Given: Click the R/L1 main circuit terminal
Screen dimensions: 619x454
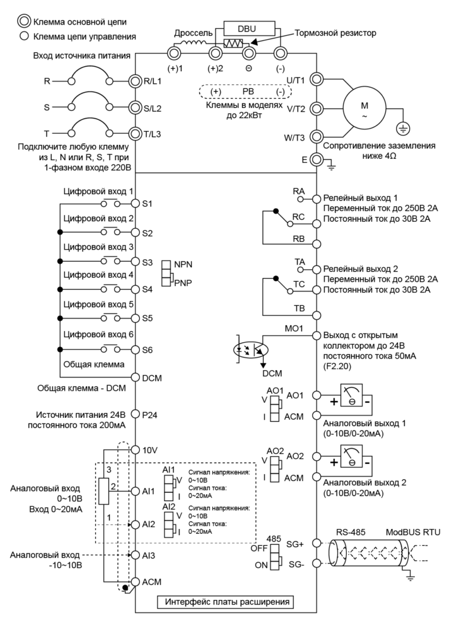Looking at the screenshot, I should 135,81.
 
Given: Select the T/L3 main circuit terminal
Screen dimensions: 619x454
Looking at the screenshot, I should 135,133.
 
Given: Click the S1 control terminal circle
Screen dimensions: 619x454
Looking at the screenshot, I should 135,204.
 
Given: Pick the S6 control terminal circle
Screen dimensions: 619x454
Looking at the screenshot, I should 135,349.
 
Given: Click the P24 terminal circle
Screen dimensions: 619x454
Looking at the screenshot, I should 135,417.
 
